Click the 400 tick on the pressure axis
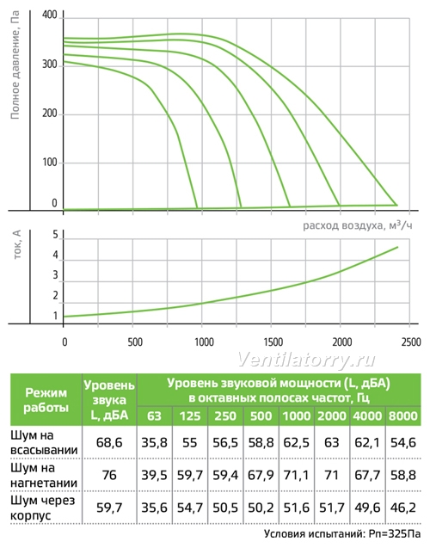pos(49,15)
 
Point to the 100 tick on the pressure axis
pos(49,163)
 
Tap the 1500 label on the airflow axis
pos(273,342)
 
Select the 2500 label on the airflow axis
pos(411,342)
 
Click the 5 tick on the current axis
pos(55,235)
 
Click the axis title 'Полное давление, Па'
pos(15,65)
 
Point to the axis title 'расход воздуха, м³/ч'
pos(358,225)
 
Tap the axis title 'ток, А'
pos(17,244)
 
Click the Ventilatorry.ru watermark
pos(306,360)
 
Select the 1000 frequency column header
pos(296,416)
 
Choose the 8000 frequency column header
pos(403,416)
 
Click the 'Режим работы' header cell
pos(46,400)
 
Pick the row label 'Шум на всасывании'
pos(44,443)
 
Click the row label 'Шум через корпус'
pos(43,508)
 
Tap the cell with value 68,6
pos(109,443)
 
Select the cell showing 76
pos(109,475)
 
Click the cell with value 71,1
pos(296,475)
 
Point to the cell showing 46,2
pos(403,508)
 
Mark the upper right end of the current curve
pos(397,247)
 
